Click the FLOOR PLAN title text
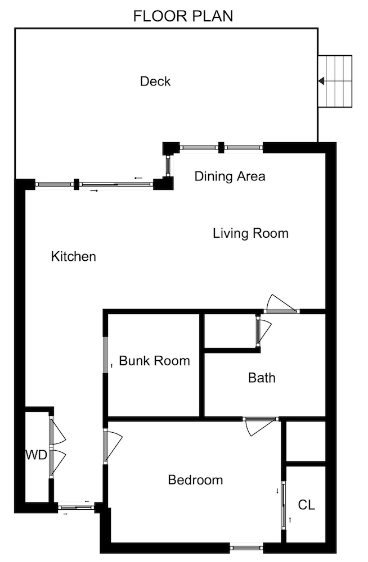pos(183,16)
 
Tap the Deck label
pos(155,81)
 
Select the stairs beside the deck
pos(335,81)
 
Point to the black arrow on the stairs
pos(321,81)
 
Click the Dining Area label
pos(230,176)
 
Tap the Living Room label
pos(250,233)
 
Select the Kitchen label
pos(74,257)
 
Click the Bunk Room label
pos(154,361)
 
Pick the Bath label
pos(262,378)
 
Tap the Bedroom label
pos(195,480)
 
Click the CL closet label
pos(306,505)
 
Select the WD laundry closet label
pos(35,455)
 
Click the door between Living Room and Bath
pos(281,305)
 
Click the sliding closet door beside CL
pos(284,504)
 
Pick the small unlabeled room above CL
pos(306,441)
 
